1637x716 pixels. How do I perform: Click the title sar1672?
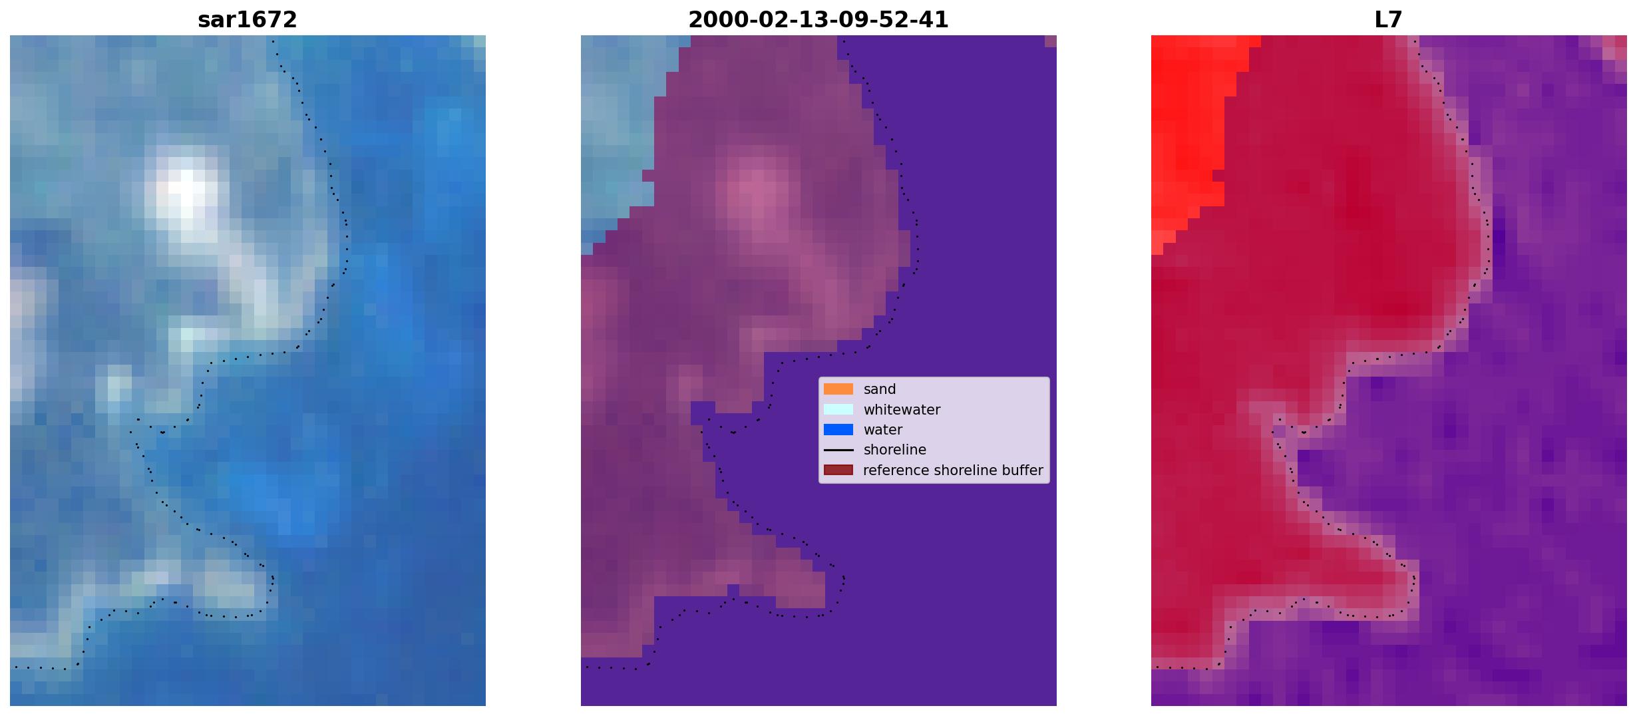click(248, 20)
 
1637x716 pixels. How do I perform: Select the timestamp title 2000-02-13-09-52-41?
click(818, 20)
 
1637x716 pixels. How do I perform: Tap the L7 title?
click(1389, 20)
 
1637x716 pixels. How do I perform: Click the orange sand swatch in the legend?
click(838, 389)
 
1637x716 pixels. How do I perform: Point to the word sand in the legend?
click(880, 389)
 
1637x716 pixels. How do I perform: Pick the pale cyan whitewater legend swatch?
click(838, 409)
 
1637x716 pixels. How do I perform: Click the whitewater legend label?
click(902, 410)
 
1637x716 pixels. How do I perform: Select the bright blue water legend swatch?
click(838, 430)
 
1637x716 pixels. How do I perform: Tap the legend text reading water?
click(883, 430)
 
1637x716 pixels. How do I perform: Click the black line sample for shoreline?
click(838, 450)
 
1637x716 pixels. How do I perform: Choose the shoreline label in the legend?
click(895, 450)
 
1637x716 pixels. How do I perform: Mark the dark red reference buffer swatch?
click(838, 470)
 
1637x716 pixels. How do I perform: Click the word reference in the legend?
click(896, 470)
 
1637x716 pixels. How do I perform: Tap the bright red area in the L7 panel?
click(1188, 133)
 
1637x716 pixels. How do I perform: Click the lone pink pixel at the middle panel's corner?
click(1051, 41)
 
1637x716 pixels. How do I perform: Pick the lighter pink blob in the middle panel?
click(755, 193)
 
